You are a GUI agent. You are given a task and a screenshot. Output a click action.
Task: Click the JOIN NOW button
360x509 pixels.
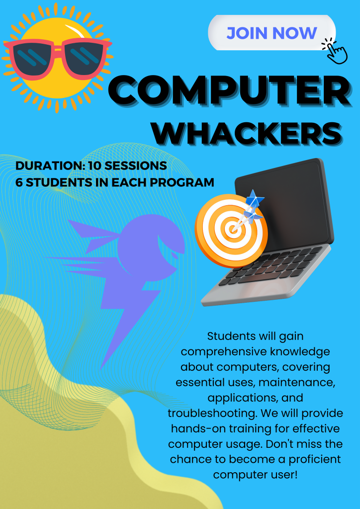pos(271,33)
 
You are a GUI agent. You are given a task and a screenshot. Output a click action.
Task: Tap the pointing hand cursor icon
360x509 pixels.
pos(335,51)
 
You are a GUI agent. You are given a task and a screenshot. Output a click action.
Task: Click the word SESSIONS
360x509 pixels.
pos(136,166)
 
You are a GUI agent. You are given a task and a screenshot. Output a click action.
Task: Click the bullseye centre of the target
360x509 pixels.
pos(233,229)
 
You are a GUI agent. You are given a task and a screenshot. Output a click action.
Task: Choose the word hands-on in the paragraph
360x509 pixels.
pos(199,428)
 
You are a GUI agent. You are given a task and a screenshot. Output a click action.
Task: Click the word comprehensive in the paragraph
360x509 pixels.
pos(223,352)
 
